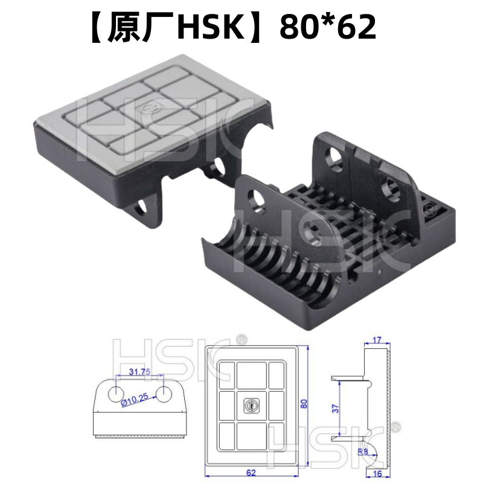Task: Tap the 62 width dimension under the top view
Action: click(x=252, y=472)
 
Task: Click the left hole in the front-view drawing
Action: click(x=115, y=394)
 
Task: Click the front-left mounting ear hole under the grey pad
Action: click(x=143, y=206)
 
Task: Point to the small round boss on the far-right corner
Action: click(x=430, y=210)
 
